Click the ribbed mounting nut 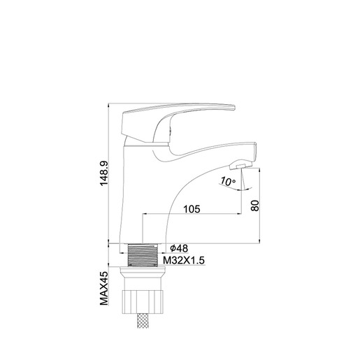click(144, 301)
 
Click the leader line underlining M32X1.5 click(182, 266)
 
